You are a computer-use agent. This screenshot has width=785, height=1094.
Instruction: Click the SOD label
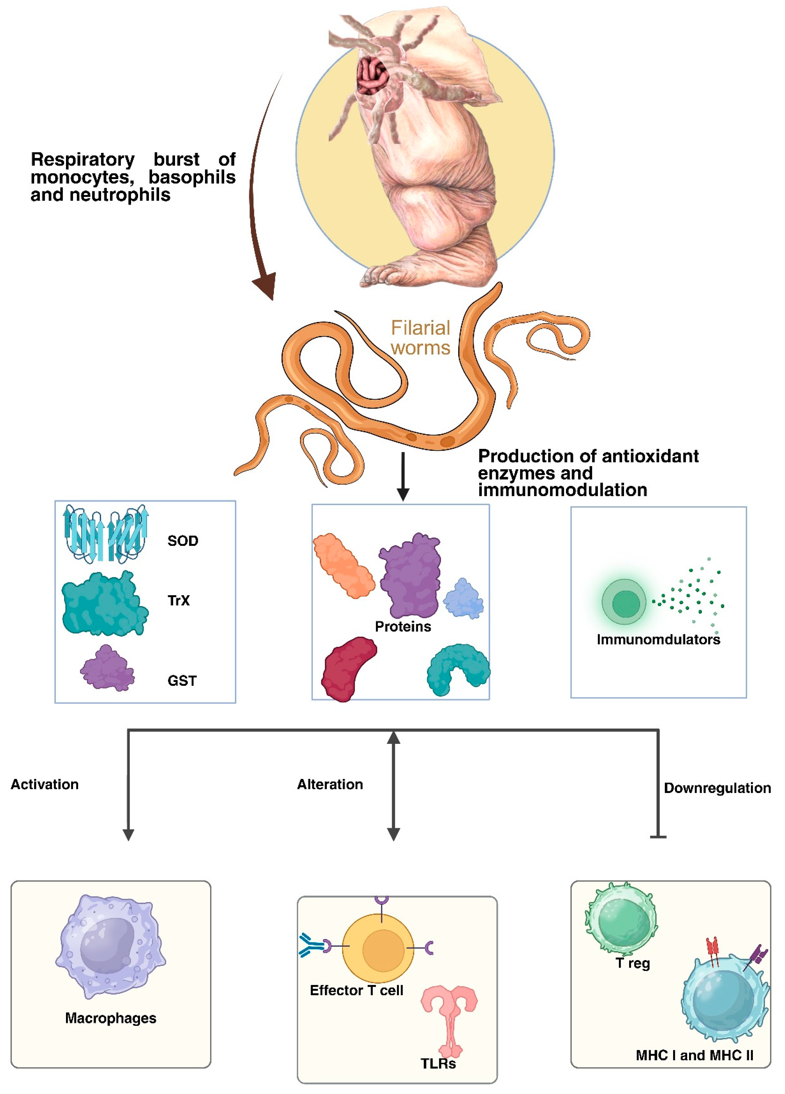pyautogui.click(x=183, y=541)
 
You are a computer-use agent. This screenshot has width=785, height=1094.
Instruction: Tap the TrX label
pyautogui.click(x=178, y=601)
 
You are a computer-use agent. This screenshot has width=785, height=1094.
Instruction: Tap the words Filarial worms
pyautogui.click(x=420, y=338)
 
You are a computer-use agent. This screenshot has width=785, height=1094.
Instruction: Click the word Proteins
pyautogui.click(x=403, y=627)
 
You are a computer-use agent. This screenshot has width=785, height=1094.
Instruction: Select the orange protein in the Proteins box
pyautogui.click(x=343, y=565)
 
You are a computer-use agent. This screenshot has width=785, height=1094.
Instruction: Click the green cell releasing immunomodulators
pyautogui.click(x=624, y=602)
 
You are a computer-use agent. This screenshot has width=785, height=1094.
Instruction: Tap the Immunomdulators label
pyautogui.click(x=658, y=640)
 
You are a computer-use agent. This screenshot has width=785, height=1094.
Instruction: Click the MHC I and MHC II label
pyautogui.click(x=694, y=1055)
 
